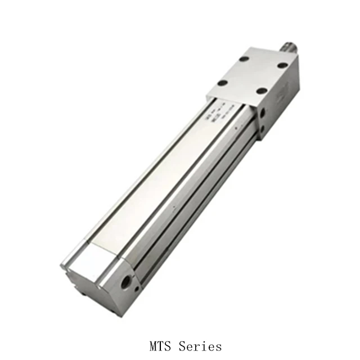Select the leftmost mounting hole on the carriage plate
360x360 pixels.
coord(222,83)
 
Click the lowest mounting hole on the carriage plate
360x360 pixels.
coord(260,91)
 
